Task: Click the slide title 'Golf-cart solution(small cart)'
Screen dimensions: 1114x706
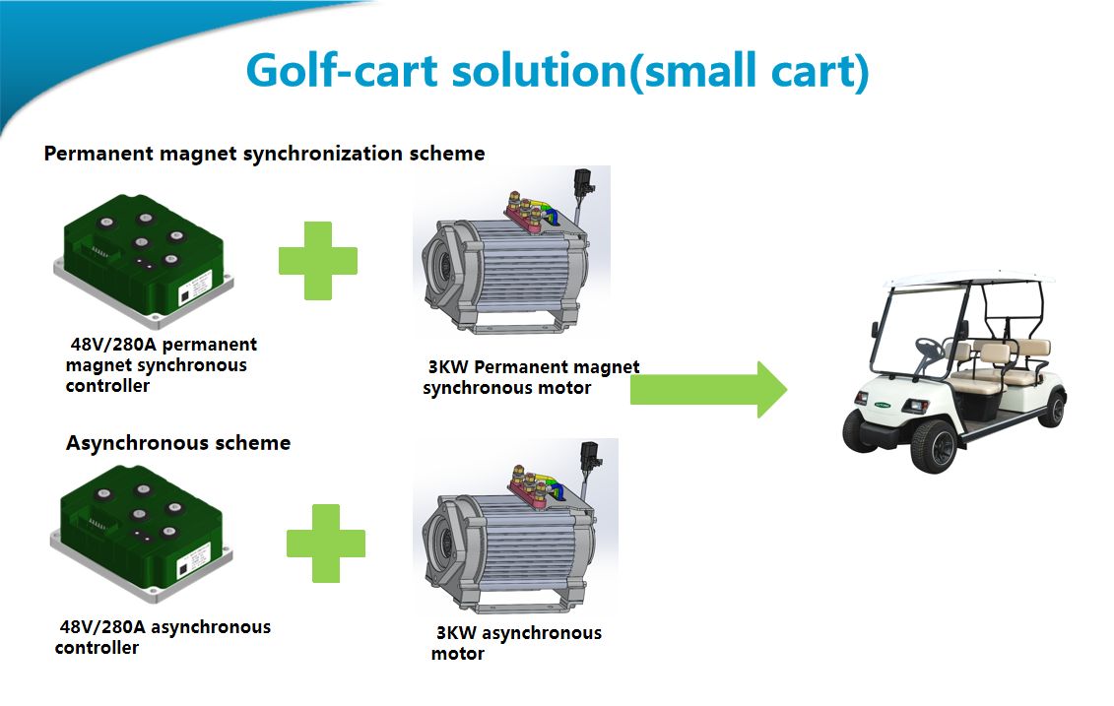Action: (x=557, y=71)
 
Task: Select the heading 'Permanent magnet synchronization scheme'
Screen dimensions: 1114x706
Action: (x=264, y=154)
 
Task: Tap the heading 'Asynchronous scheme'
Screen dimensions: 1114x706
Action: (x=178, y=443)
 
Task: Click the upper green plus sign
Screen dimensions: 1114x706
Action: (x=317, y=261)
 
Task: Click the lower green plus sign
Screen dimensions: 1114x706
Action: (x=325, y=544)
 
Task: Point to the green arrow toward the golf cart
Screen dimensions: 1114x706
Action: (x=708, y=389)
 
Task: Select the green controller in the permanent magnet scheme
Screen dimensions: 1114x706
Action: (x=144, y=261)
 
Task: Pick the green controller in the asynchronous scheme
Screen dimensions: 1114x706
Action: (x=142, y=533)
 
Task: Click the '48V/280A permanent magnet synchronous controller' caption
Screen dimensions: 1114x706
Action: (x=161, y=365)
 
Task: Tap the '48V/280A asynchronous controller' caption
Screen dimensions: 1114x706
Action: (x=163, y=637)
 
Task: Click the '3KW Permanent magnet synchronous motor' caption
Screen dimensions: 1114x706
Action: (x=531, y=377)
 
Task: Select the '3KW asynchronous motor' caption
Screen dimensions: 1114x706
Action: (x=516, y=643)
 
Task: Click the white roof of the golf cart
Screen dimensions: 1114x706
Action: (x=970, y=279)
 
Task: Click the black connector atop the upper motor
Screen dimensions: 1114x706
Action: (x=584, y=182)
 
